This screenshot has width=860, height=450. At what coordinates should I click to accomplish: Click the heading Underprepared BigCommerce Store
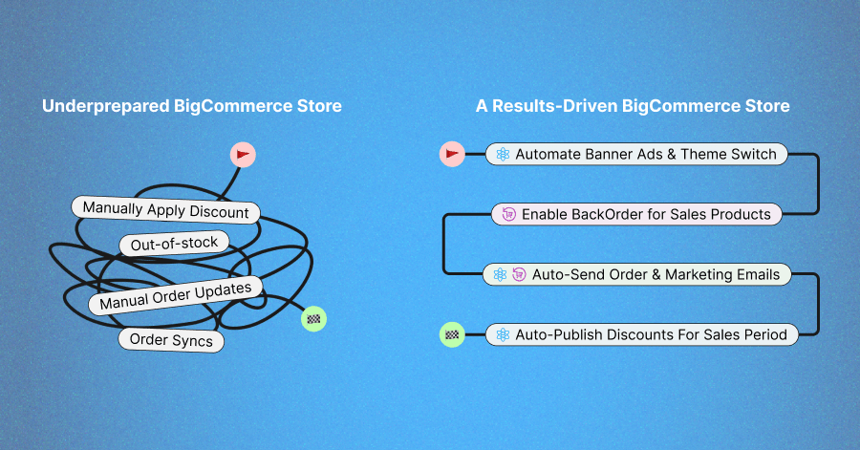(x=191, y=106)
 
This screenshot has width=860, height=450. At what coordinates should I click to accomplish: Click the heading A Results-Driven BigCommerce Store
(x=633, y=106)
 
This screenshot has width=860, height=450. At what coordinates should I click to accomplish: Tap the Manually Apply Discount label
(x=165, y=210)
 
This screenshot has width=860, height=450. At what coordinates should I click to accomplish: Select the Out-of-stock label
(x=174, y=244)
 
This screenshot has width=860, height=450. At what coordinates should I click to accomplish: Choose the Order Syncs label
(x=171, y=340)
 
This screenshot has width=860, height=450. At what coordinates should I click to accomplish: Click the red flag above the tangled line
(x=243, y=154)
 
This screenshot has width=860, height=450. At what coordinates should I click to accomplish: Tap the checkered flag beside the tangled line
(x=313, y=319)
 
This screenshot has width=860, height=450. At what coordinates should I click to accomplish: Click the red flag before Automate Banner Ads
(x=452, y=154)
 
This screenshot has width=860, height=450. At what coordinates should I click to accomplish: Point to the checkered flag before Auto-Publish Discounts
(x=452, y=334)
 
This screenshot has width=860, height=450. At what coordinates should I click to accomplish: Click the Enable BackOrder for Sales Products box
(x=636, y=214)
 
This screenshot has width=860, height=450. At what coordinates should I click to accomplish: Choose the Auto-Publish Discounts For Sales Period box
(x=641, y=334)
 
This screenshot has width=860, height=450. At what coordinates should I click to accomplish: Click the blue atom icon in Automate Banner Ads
(x=503, y=154)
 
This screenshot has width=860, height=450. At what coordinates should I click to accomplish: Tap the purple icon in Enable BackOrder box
(x=508, y=214)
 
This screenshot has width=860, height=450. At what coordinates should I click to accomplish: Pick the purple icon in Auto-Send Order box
(x=519, y=274)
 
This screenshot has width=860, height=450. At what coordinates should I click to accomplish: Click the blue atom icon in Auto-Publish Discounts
(x=503, y=334)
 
